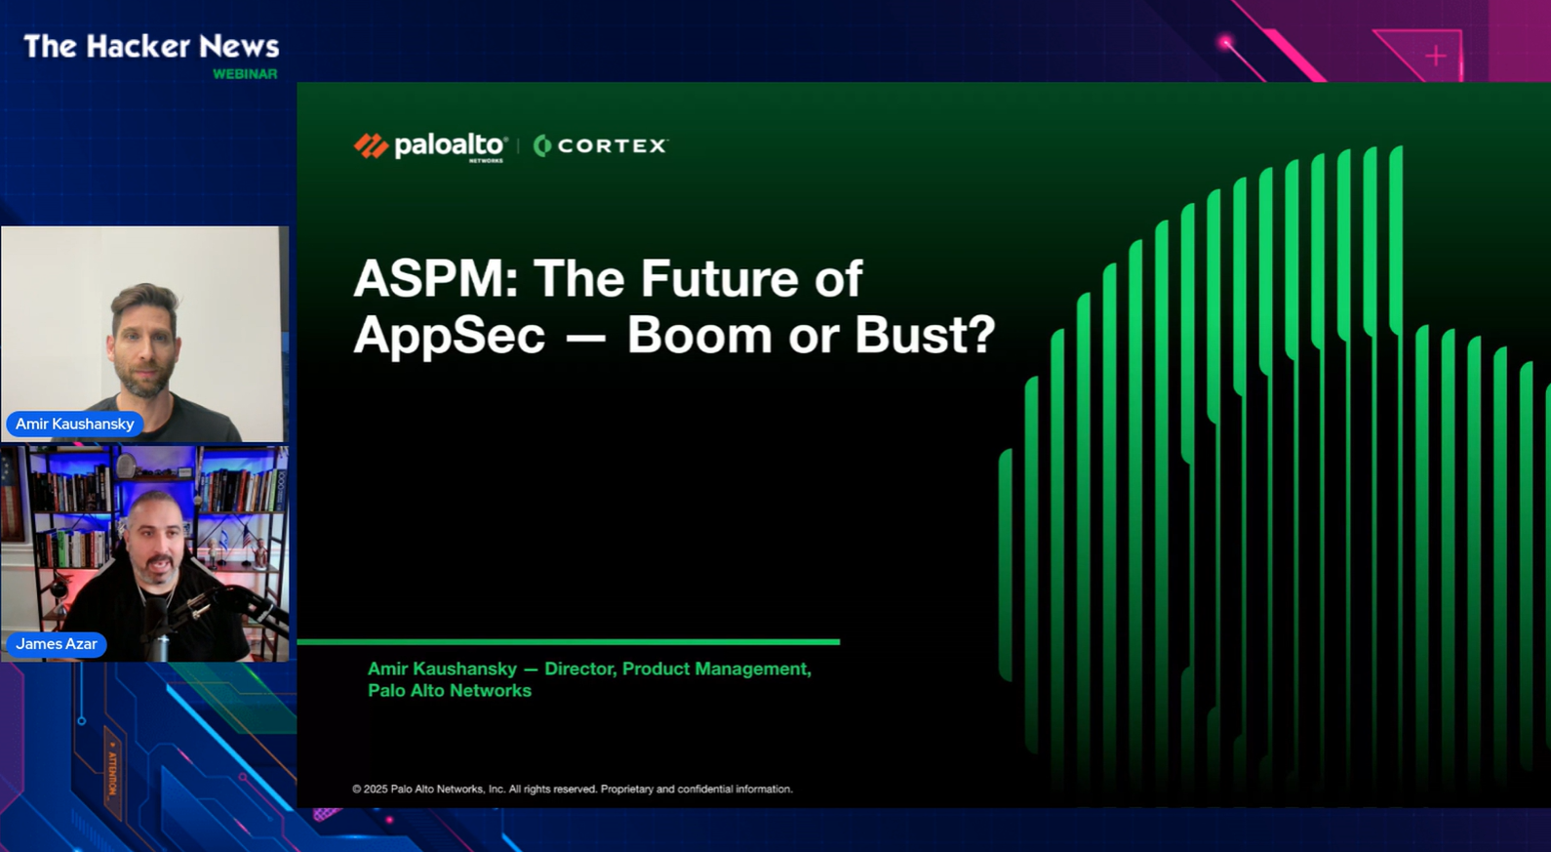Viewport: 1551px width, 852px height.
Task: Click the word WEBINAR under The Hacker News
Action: [245, 74]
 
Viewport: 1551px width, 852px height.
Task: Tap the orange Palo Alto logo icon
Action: [371, 146]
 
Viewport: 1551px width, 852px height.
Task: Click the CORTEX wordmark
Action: [612, 146]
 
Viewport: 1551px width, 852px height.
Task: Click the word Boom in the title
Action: [699, 336]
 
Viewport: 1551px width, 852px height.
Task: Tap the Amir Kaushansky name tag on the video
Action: [75, 424]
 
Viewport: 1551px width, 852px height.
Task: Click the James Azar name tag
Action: [56, 644]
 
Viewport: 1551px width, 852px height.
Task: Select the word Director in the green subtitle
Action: [579, 669]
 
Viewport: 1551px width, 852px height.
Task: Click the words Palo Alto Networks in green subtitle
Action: [450, 691]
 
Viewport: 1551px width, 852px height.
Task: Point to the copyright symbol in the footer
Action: [357, 789]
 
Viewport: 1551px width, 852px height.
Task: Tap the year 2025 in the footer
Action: [376, 789]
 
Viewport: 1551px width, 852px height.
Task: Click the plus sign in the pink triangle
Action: [1436, 56]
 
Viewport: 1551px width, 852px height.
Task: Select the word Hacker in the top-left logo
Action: [138, 47]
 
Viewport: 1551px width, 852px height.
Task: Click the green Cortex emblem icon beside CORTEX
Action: [542, 146]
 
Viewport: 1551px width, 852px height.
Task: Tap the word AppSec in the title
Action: [450, 337]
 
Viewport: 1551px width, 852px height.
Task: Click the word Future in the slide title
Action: [719, 278]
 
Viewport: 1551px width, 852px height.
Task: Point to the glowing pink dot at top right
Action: [1225, 43]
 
